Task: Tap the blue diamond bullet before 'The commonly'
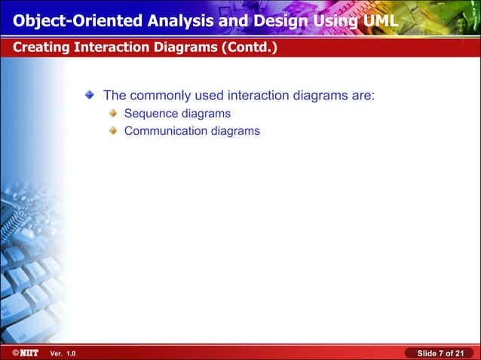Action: point(90,95)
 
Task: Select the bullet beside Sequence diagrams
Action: point(113,114)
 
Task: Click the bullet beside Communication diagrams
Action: point(113,130)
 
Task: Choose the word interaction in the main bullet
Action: point(259,96)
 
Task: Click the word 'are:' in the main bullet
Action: point(362,96)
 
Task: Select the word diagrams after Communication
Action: point(235,130)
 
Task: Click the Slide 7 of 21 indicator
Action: point(440,353)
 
